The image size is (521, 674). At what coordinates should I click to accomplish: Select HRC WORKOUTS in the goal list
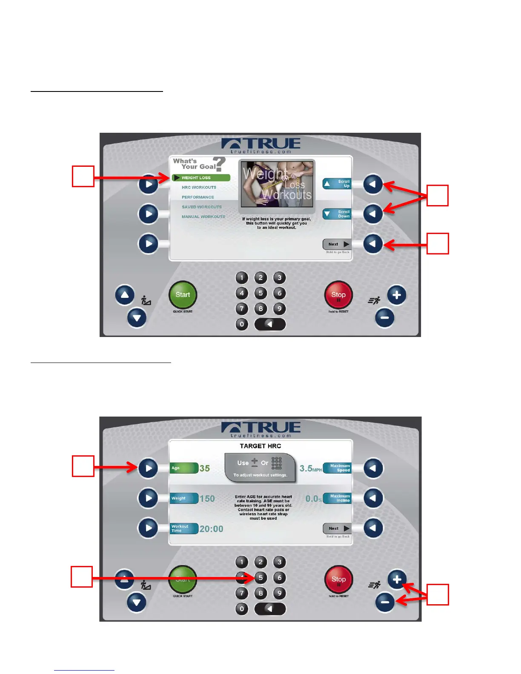coord(199,187)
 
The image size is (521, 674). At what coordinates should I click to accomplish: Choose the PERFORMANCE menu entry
coord(198,197)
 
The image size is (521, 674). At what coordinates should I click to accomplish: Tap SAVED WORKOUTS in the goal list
coord(202,207)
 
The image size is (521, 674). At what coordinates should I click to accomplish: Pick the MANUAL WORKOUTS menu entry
coord(203,217)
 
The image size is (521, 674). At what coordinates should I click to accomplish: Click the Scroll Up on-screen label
coord(337,184)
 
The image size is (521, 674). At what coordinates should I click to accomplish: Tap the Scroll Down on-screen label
coord(337,214)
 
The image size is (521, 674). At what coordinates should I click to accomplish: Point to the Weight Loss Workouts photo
coord(277,184)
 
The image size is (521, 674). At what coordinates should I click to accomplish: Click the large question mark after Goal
coord(220,164)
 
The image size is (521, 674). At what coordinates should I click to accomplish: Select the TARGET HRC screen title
coord(260,446)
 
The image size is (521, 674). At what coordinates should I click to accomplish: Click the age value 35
coord(205,468)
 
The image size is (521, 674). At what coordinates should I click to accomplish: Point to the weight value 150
coord(207,499)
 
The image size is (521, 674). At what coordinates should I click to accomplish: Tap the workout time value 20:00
coord(212,529)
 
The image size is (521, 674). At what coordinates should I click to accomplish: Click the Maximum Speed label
coord(338,468)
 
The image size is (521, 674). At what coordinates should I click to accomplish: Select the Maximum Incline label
coord(338,498)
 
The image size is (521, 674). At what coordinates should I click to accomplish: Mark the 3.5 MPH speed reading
coord(310,468)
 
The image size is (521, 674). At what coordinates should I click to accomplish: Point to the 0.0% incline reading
coord(313,499)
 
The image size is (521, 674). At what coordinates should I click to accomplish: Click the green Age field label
coord(184,468)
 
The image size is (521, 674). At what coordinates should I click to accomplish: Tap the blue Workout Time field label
coord(184,528)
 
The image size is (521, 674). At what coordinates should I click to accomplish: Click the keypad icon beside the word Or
coord(277,463)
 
